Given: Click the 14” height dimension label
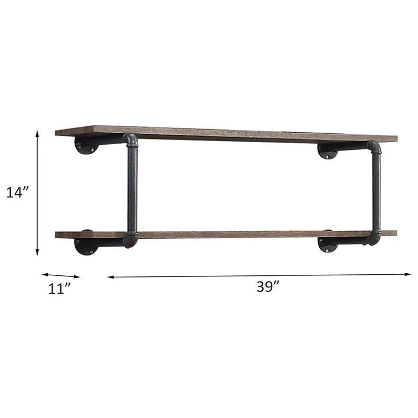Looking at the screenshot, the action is click(x=17, y=192).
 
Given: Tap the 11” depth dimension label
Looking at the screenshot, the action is click(x=59, y=289).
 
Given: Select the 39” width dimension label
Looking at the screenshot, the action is click(x=268, y=286).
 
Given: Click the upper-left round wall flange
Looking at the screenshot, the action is click(x=86, y=145).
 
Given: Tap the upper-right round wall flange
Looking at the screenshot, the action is click(x=328, y=152).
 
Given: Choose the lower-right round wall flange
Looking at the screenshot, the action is click(x=328, y=243).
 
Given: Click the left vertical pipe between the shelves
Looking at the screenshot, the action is click(x=133, y=190).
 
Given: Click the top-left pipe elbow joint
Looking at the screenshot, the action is click(x=131, y=140).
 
